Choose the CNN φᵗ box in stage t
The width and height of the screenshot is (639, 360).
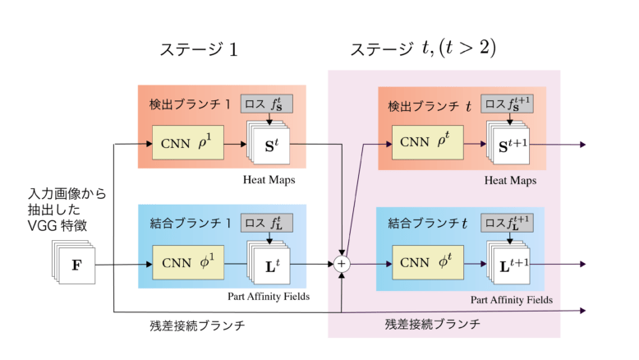pyautogui.click(x=425, y=265)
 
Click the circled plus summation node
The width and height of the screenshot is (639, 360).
pyautogui.click(x=341, y=264)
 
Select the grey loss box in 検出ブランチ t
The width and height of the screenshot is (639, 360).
pyautogui.click(x=511, y=104)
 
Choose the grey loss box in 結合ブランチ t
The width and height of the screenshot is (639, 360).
pyautogui.click(x=511, y=223)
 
